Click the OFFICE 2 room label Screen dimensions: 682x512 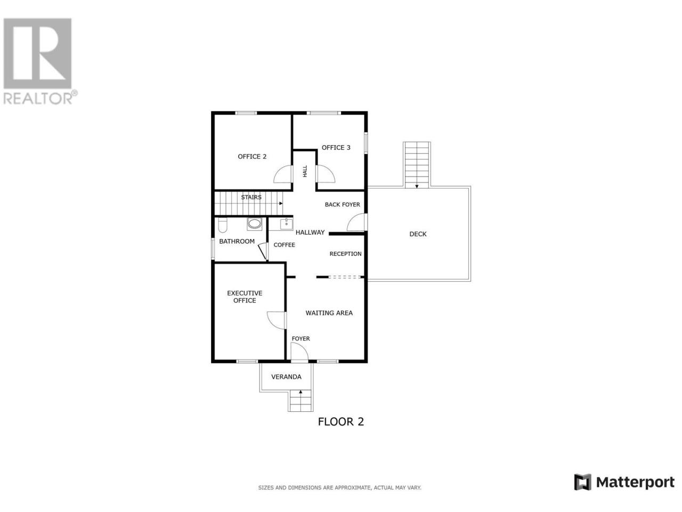pyautogui.click(x=252, y=157)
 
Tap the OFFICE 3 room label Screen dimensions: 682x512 pyautogui.click(x=336, y=148)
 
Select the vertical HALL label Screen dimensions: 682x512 pyautogui.click(x=305, y=171)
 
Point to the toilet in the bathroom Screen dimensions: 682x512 pyautogui.click(x=223, y=226)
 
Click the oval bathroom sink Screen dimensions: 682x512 pyautogui.click(x=255, y=224)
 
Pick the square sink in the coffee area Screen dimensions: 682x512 pyautogui.click(x=286, y=224)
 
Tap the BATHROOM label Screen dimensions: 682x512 pyautogui.click(x=237, y=241)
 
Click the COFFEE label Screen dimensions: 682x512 pyautogui.click(x=285, y=245)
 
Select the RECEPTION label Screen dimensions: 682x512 pyautogui.click(x=345, y=254)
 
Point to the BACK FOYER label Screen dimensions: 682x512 pyautogui.click(x=343, y=205)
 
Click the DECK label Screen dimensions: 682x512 pyautogui.click(x=418, y=234)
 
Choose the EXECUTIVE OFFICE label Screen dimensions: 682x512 pyautogui.click(x=245, y=297)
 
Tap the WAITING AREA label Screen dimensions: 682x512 pyautogui.click(x=329, y=313)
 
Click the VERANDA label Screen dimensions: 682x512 pyautogui.click(x=286, y=377)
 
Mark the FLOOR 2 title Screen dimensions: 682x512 pyautogui.click(x=340, y=422)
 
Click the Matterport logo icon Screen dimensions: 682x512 pyautogui.click(x=582, y=482)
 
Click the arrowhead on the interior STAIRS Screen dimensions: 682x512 pyautogui.click(x=281, y=203)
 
